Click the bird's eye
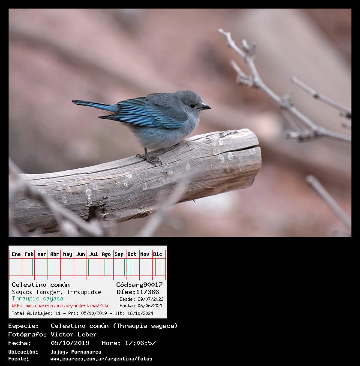[192, 106]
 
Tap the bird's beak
[205, 107]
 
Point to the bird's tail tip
[73, 101]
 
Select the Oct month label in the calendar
[132, 254]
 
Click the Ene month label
[16, 254]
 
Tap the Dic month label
[158, 254]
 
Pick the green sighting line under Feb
[33, 267]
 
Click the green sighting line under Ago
[105, 267]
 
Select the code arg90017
[147, 285]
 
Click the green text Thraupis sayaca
[38, 299]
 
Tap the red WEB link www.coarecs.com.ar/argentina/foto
[67, 306]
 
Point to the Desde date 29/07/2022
[150, 299]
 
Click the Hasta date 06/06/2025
[150, 306]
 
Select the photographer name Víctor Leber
[74, 334]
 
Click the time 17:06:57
[140, 343]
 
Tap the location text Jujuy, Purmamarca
[76, 352]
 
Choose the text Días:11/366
[138, 292]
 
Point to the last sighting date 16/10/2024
[140, 313]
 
